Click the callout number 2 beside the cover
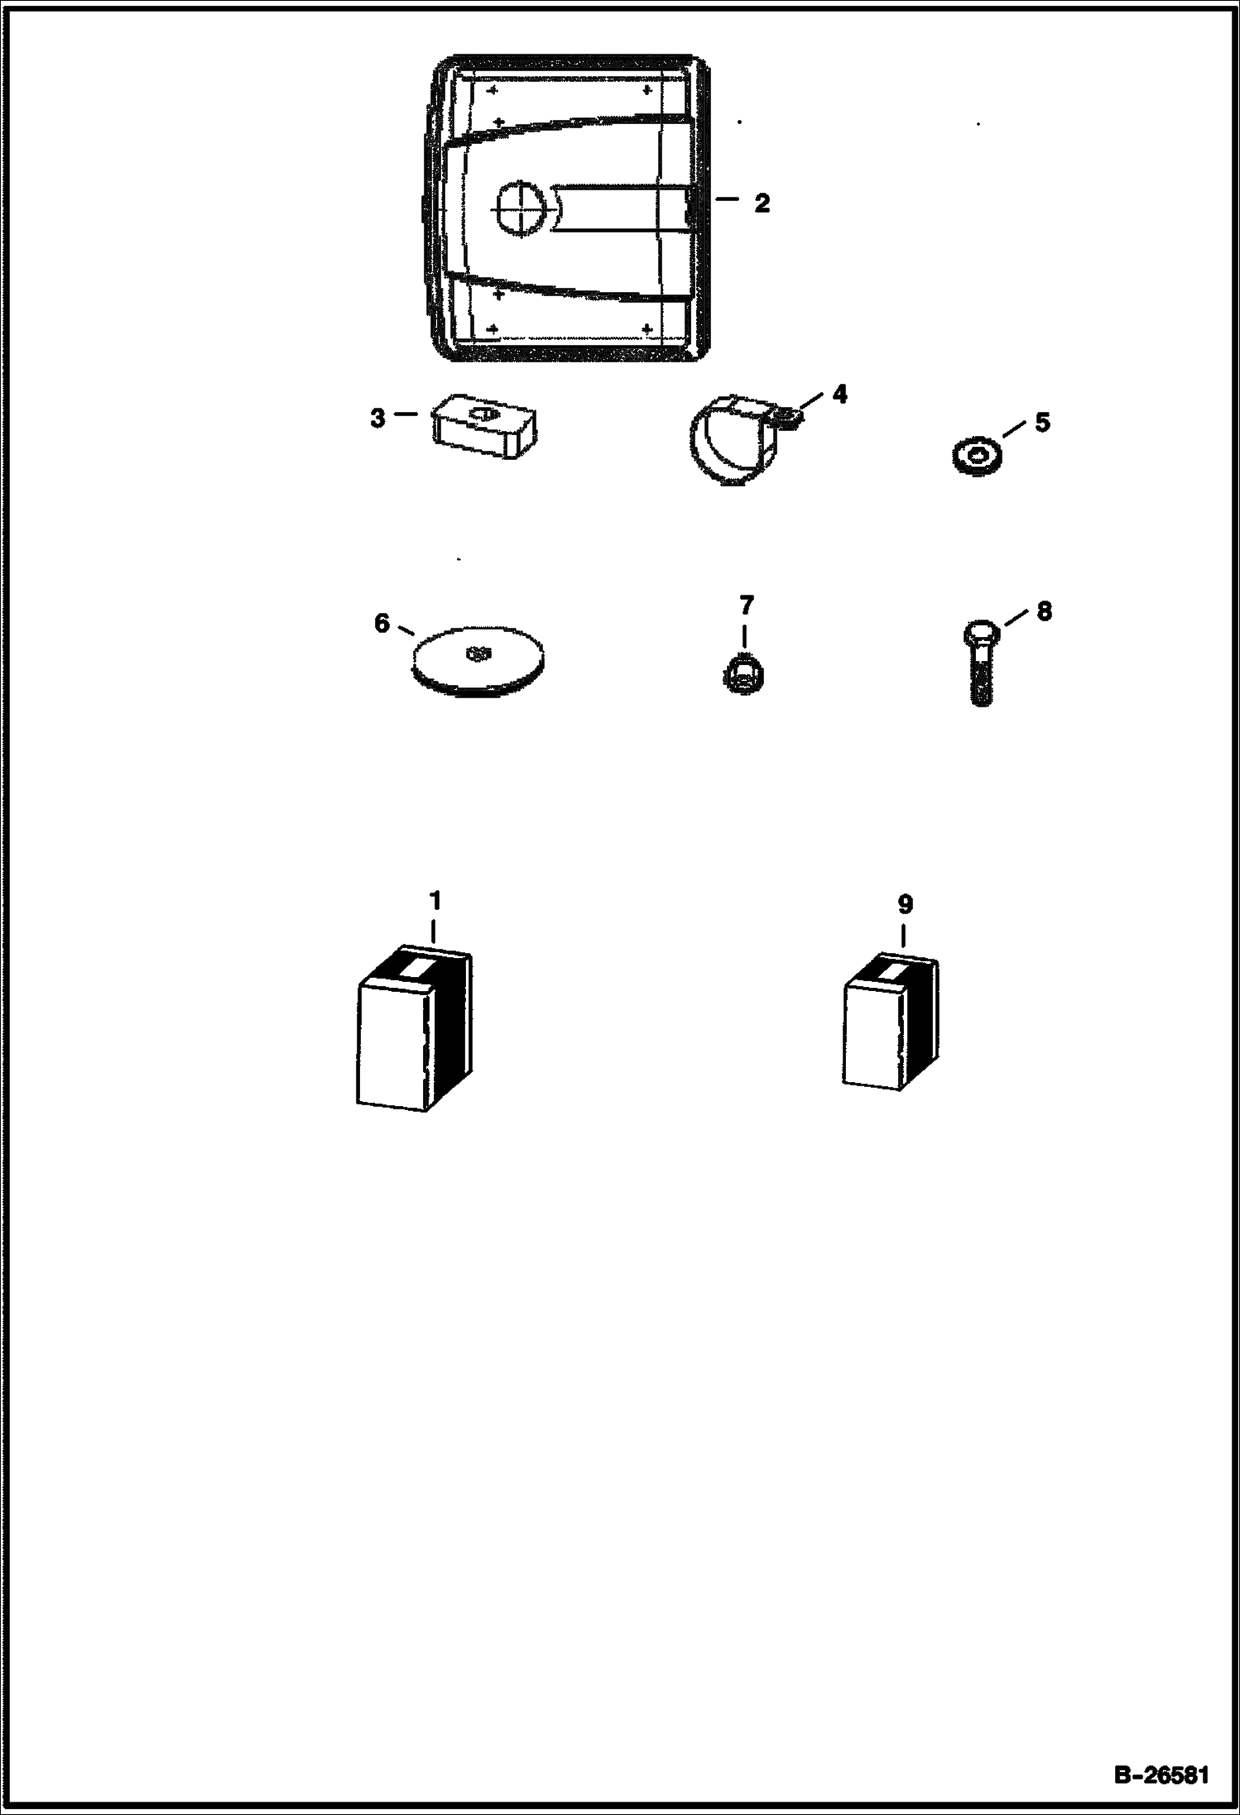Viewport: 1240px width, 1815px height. coord(762,204)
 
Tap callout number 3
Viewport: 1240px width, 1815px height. coord(377,419)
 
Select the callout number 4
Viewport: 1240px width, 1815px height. coord(839,395)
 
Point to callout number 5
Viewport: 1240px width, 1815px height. coord(1042,422)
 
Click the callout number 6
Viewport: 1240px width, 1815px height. coord(382,623)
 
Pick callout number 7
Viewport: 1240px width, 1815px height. coord(746,606)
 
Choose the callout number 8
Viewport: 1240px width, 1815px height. coord(1044,611)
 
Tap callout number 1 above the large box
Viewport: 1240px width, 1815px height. coord(435,901)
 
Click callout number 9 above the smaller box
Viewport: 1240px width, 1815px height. coord(905,905)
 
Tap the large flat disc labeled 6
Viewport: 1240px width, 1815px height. coord(478,658)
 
